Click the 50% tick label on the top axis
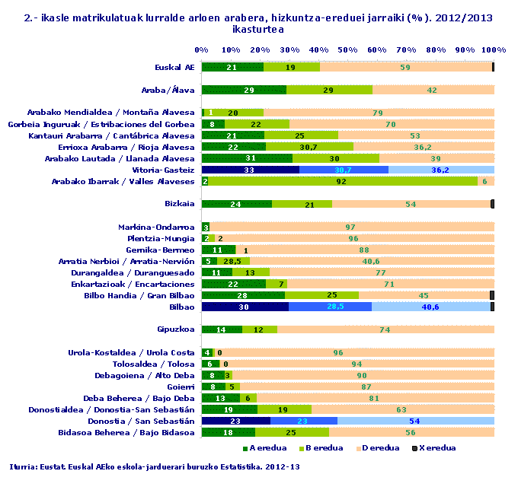348,49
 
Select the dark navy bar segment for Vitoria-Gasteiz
250,170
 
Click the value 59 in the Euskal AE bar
405,67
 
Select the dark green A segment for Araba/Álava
244,90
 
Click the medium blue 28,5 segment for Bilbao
330,307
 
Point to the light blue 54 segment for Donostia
415,421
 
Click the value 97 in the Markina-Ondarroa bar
350,227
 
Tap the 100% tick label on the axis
494,49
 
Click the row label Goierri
181,387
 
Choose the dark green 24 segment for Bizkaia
236,204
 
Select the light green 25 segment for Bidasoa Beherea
291,432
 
